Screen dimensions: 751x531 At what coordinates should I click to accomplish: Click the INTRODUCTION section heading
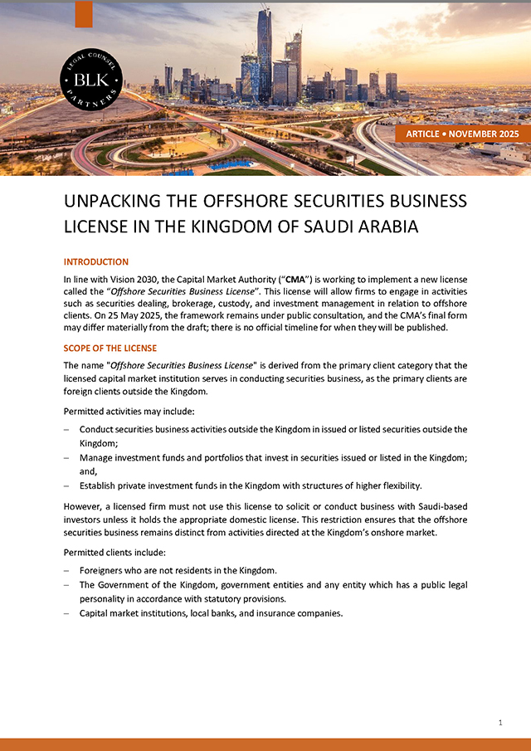point(96,262)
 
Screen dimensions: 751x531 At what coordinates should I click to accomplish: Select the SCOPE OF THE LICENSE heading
point(110,349)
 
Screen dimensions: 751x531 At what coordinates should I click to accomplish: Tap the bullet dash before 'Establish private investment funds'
point(66,486)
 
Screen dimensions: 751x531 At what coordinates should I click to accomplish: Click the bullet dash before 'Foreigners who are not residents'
point(66,570)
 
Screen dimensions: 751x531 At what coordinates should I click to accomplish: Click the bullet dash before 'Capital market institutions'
point(66,614)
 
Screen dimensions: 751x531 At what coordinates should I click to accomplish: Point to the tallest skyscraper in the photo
point(265,50)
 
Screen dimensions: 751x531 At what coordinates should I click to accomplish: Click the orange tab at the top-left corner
point(84,14)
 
